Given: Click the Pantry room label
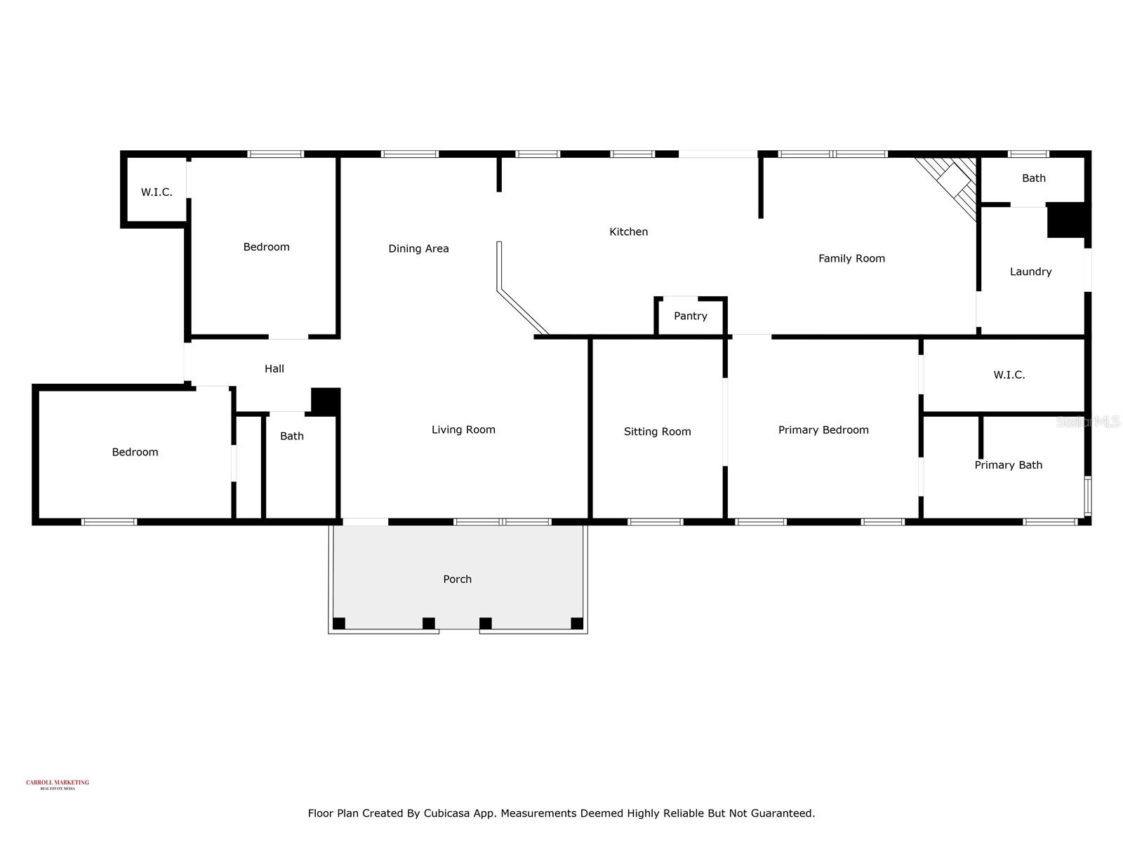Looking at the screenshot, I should coord(690,316).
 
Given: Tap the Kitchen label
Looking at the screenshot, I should coord(628,232).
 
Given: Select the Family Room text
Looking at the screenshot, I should coord(851,258).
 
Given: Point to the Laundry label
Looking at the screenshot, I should coord(1030,272).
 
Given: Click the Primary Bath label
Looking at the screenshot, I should coord(1008,465).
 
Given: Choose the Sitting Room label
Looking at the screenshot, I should coord(657,432).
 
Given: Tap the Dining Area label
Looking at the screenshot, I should coord(418,248).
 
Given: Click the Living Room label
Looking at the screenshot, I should coord(463,429).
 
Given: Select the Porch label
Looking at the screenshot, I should coord(457,579).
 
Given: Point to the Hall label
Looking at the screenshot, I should coord(274,368).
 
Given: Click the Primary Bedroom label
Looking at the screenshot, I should coord(823,429).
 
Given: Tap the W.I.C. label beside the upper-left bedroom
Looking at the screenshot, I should coord(156,192).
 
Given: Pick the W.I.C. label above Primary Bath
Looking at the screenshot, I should coord(1009,375).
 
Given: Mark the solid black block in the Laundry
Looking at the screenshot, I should coord(1067,220).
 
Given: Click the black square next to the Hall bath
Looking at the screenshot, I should coord(326,401).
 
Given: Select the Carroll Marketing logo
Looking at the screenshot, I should coord(58,784).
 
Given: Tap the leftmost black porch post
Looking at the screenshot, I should coord(339,623).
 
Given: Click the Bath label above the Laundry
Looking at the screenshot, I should coord(1033,178).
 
